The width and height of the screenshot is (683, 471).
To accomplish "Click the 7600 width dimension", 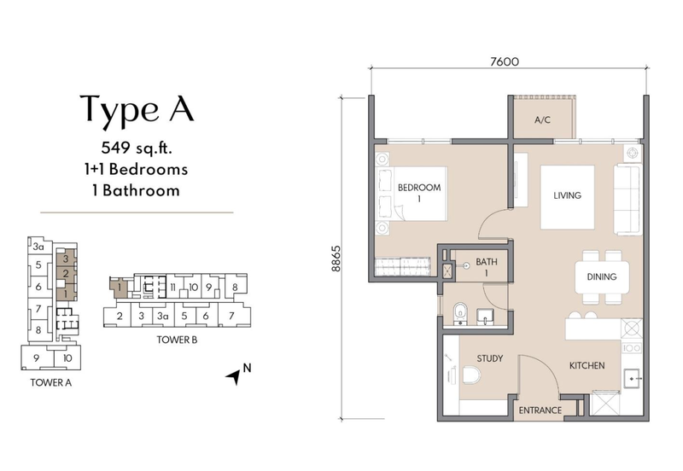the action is tap(505, 61).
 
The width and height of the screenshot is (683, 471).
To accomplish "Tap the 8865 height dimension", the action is tap(336, 259).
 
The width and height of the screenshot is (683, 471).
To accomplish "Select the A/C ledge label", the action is tap(542, 119).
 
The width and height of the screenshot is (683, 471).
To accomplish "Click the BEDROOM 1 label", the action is tap(419, 193).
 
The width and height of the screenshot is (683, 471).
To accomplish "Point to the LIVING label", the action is tap(567, 195).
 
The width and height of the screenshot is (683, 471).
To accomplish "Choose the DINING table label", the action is tap(602, 276).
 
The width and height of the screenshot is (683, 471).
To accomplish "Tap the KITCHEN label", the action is tap(587, 365).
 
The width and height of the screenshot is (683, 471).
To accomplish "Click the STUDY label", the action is tap(489, 358).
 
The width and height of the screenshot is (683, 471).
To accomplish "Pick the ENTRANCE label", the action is tap(540, 410).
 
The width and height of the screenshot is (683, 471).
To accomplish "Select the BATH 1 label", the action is tap(486, 267).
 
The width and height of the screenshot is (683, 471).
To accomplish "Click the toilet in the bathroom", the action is tap(459, 314).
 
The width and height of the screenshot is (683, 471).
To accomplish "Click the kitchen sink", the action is tap(632, 379).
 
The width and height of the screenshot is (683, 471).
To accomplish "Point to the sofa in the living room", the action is tap(628, 200).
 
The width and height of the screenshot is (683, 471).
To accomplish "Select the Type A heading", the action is tap(137, 110).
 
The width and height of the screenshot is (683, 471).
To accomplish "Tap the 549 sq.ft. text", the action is tap(137, 148).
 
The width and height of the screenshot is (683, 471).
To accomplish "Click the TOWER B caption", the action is tap(177, 340).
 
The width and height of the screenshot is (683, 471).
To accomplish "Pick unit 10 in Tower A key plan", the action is tap(67, 358).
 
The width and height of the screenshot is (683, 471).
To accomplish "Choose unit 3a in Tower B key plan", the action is tap(162, 316).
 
